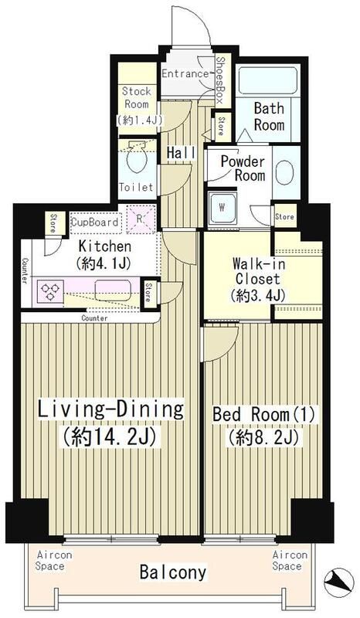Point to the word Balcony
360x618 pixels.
tap(172, 572)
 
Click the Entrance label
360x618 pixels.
tap(186, 74)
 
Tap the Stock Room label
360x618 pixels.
tap(137, 98)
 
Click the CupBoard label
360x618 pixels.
tap(95, 222)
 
